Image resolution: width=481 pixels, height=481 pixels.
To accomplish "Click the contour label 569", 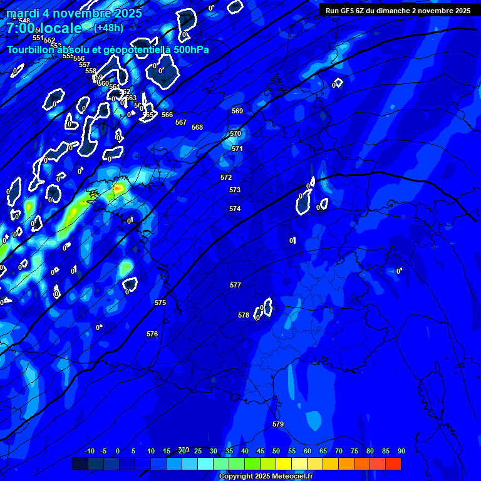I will click(x=237, y=111).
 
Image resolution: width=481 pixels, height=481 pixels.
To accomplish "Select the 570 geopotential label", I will click(x=235, y=133).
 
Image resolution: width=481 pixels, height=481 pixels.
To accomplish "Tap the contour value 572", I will click(x=226, y=177).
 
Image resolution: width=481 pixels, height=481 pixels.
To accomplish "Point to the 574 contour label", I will click(x=235, y=209).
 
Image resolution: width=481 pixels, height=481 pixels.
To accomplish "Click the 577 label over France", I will click(x=235, y=285).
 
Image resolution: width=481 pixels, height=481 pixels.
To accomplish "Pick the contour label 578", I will click(x=244, y=315).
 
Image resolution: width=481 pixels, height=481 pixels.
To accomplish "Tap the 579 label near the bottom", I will click(x=278, y=424).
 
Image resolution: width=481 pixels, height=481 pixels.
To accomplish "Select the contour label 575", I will click(x=160, y=303).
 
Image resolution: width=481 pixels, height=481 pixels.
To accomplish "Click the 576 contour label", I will click(x=152, y=334).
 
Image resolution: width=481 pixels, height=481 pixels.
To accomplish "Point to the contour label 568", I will click(x=197, y=127).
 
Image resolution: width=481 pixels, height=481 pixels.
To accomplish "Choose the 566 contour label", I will click(x=167, y=115).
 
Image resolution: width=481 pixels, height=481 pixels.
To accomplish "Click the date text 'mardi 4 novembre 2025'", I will click(x=74, y=13).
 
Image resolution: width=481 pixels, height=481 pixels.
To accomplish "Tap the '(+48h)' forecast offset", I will click(x=108, y=28).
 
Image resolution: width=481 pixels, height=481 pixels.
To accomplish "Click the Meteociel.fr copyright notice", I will click(x=266, y=476).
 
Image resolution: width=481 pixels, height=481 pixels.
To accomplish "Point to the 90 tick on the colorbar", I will click(x=401, y=451).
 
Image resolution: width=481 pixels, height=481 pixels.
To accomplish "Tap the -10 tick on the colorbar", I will click(x=90, y=451).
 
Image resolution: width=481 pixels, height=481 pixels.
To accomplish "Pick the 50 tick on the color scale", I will click(x=276, y=451).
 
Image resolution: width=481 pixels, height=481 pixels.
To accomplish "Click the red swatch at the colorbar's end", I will click(x=393, y=463).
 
